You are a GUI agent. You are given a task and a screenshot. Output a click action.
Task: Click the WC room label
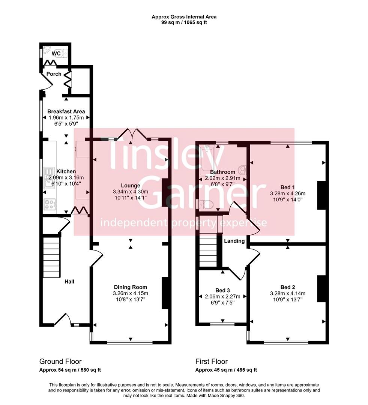point(56,54)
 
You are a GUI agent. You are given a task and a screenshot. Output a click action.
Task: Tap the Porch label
point(54,74)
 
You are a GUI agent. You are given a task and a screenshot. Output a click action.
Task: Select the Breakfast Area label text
point(66,111)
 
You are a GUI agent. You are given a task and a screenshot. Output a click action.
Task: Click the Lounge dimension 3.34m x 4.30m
point(131,192)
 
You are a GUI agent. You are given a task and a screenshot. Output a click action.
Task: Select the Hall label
point(69,281)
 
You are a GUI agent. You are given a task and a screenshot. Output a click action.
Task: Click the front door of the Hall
point(63,319)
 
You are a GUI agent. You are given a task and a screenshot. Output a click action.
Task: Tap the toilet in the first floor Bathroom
point(206,204)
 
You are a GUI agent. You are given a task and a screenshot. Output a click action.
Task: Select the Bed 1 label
point(288,187)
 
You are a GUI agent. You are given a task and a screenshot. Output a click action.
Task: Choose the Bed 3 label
point(222,290)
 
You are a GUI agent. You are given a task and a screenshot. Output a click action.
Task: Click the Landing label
point(234,241)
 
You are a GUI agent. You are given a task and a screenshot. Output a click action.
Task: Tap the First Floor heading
point(211,361)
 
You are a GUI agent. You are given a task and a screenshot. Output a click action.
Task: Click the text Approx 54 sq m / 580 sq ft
point(70,370)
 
